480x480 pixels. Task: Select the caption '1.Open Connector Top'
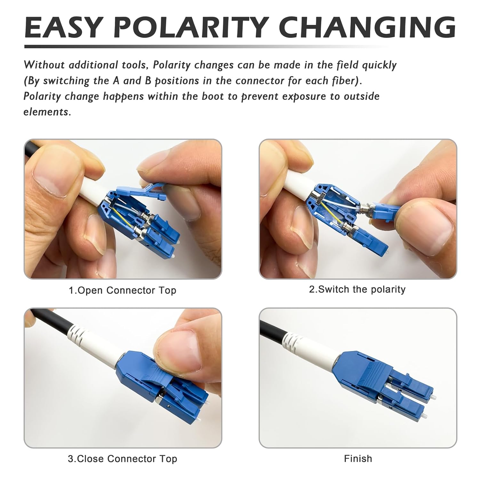(123, 291)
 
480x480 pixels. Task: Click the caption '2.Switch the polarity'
(357, 289)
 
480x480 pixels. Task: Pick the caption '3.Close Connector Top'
(123, 459)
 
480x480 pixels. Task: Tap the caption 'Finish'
(358, 459)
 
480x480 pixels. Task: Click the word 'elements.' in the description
(47, 112)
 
